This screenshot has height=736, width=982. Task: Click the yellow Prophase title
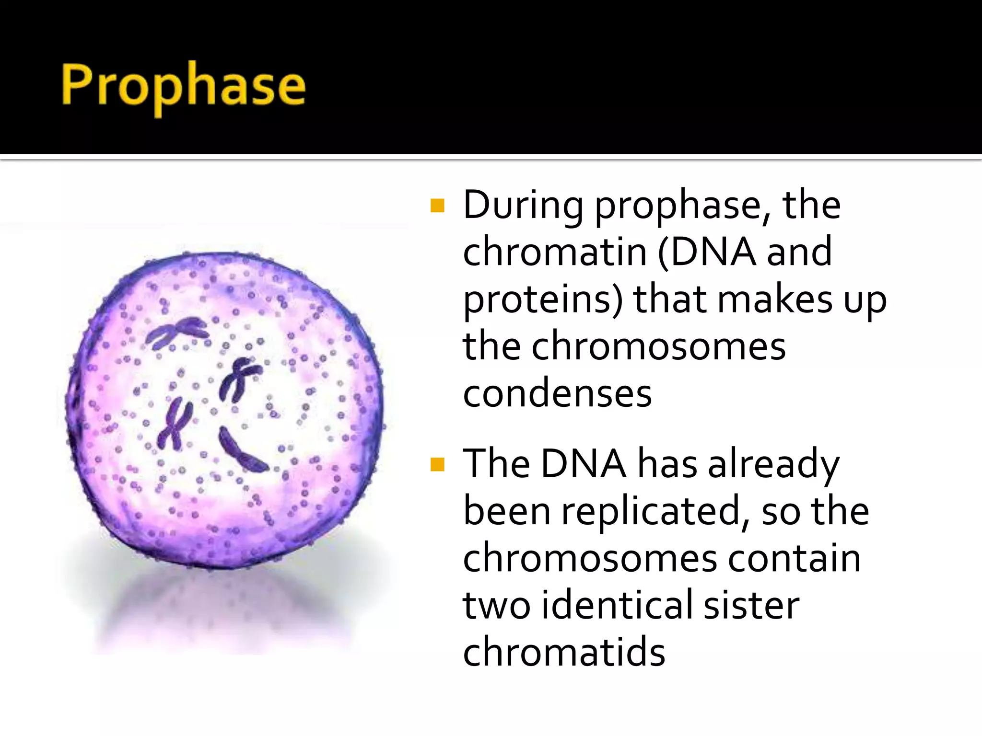[183, 86]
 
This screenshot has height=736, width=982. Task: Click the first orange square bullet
[437, 206]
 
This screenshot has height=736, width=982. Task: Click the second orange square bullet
[437, 464]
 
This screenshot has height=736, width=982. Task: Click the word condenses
[557, 394]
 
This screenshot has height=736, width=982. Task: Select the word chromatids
[564, 652]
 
